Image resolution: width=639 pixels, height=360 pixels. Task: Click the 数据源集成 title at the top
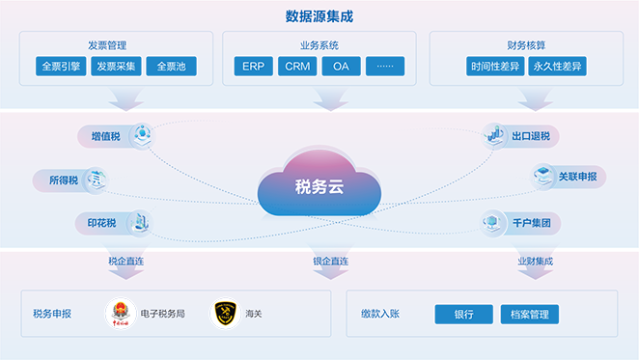[319, 15]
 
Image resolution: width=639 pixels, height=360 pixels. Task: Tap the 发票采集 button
[117, 67]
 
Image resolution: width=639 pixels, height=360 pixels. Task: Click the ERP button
[253, 67]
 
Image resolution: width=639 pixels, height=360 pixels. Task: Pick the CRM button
[297, 67]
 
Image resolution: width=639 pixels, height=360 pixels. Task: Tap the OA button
[341, 67]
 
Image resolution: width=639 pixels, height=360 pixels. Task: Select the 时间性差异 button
[493, 67]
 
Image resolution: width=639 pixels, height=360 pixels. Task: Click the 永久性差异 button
[558, 67]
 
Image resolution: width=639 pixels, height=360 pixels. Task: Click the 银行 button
[463, 314]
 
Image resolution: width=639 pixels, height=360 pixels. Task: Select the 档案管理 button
[529, 314]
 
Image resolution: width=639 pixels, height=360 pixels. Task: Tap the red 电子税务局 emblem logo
[121, 313]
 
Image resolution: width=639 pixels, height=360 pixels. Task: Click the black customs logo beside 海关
[225, 313]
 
